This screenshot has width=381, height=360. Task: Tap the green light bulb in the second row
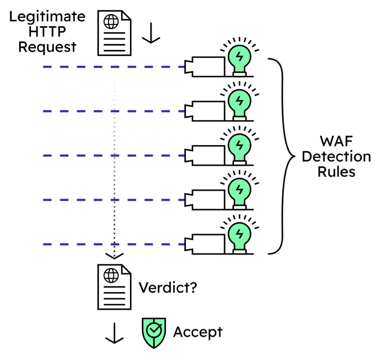pos(239,102)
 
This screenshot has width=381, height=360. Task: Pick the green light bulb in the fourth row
pos(239,191)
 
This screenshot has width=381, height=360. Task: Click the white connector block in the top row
pos(208,67)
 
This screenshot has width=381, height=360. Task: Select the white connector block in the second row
pos(208,111)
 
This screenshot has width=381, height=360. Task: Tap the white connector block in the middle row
pos(208,155)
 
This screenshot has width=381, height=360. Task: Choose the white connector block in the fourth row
pos(208,200)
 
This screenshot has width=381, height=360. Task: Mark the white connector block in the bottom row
pos(208,244)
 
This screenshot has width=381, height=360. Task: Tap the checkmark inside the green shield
pos(154,330)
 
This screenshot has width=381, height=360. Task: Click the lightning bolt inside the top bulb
pos(239,56)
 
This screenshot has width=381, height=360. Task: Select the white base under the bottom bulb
pos(239,252)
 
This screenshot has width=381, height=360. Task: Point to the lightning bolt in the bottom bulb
pos(239,234)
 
